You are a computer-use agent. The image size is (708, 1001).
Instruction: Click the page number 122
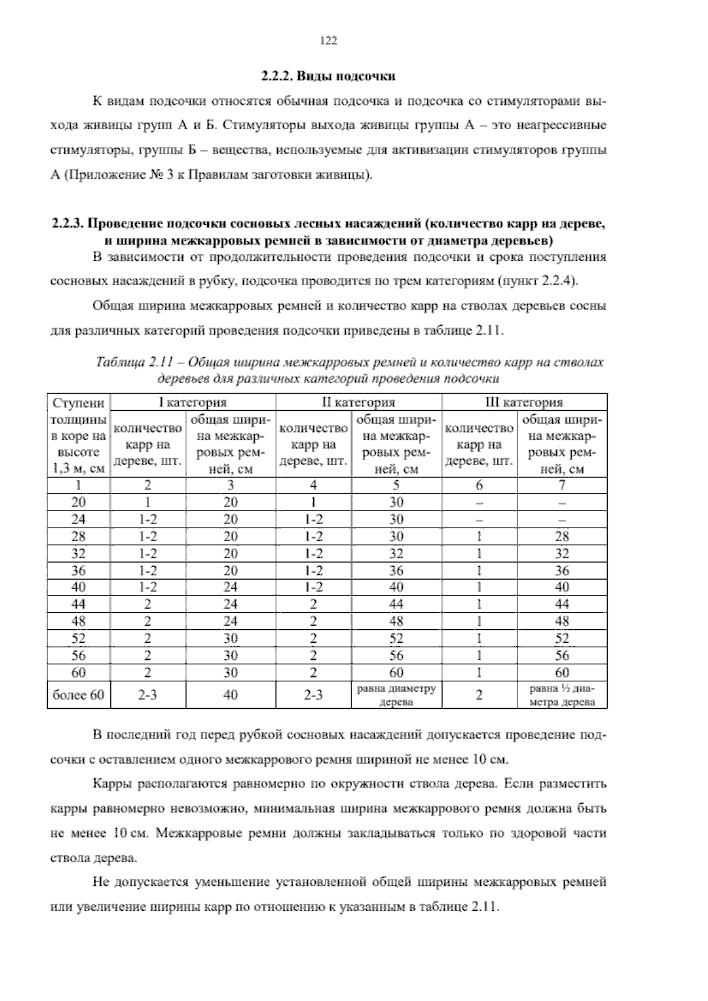[x=328, y=41]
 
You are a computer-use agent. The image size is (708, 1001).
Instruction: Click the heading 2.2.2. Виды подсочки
[x=328, y=77]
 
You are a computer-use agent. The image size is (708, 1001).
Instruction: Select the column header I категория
[x=194, y=403]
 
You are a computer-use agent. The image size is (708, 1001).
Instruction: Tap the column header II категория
[x=359, y=403]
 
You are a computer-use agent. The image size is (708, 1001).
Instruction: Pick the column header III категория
[x=525, y=403]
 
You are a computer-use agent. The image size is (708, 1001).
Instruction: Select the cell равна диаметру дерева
[x=396, y=695]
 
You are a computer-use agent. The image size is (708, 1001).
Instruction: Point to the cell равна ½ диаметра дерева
[x=562, y=695]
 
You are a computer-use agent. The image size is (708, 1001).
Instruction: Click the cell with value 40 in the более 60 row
[x=231, y=695]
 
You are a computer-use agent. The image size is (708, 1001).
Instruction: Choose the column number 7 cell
[x=562, y=485]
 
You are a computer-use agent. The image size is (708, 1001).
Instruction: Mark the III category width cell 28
[x=562, y=537]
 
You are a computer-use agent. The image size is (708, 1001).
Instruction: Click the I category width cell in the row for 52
[x=231, y=638]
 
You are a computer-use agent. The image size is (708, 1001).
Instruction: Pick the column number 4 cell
[x=313, y=485]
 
